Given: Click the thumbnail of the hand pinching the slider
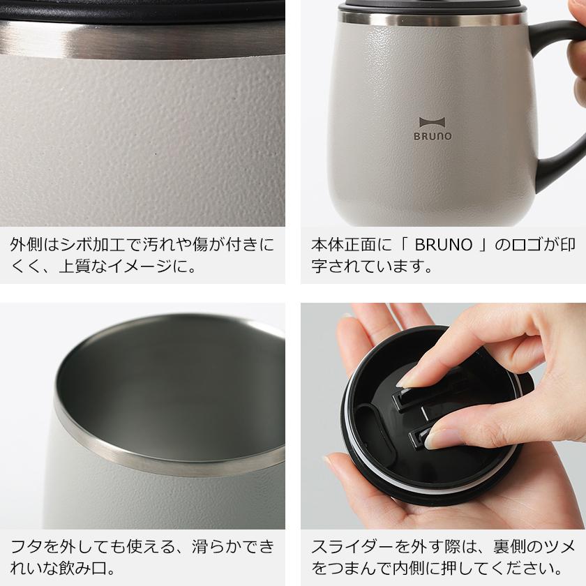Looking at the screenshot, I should [443, 416].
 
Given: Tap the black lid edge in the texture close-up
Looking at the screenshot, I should [140, 8].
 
